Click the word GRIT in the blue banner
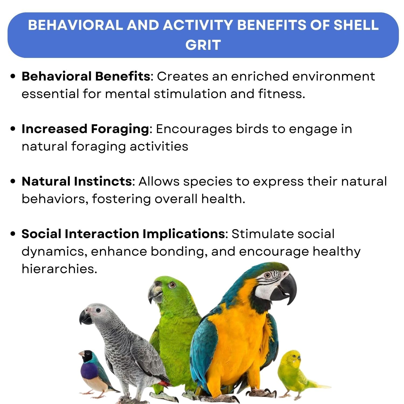(203, 45)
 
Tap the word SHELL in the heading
(356, 25)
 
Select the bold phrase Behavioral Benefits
(86, 76)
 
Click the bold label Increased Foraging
(85, 129)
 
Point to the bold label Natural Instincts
(76, 181)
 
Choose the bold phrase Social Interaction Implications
(123, 234)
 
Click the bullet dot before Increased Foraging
(13, 129)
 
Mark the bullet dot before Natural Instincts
(13, 181)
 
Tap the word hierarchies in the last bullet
(59, 269)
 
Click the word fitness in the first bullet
(281, 94)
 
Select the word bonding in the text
(179, 251)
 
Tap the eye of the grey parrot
(98, 311)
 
